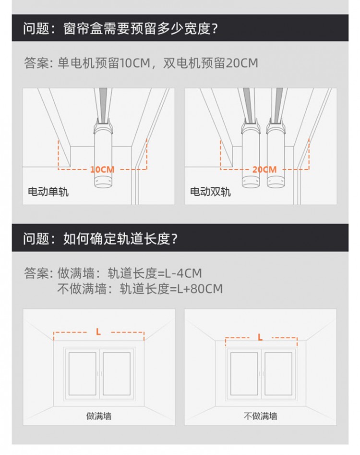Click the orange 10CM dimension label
point(102,170)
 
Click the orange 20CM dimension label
point(264,170)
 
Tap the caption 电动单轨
point(48,192)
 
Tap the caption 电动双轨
point(210,192)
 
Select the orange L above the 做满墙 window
point(98,332)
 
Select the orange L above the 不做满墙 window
point(260,337)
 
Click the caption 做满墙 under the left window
point(99,416)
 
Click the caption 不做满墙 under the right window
point(261,416)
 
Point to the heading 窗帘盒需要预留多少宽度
point(140,28)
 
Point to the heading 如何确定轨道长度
point(120,239)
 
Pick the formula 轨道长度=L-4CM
point(155,273)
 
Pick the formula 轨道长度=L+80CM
point(171,289)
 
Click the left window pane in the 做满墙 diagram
point(82,374)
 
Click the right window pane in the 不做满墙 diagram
point(278,374)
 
